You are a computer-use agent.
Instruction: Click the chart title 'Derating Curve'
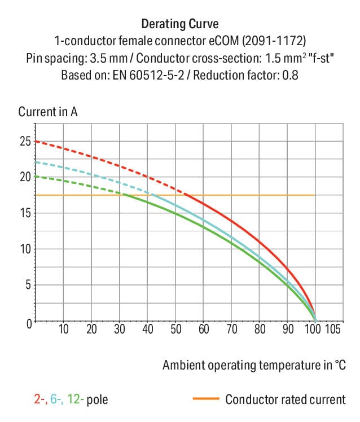180,24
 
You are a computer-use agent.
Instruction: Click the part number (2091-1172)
274,41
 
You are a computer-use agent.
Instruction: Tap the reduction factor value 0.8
290,75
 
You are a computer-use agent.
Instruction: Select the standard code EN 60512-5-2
148,75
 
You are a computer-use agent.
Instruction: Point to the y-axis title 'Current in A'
48,112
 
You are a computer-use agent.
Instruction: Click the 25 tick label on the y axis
25,141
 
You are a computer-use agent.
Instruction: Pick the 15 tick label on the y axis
26,213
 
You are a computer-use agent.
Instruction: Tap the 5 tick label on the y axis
29,285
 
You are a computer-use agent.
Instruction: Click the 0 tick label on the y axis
29,323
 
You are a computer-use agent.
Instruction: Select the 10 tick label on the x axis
64,329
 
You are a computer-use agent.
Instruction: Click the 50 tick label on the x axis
175,329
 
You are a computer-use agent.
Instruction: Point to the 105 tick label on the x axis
333,329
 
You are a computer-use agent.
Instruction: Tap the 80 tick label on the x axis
260,329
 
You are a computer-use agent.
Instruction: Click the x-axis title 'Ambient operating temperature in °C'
254,365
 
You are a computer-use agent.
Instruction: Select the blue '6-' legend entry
57,399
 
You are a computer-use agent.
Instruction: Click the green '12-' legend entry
76,399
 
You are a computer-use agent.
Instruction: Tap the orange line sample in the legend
206,398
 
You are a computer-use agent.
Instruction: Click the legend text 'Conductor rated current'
286,399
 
